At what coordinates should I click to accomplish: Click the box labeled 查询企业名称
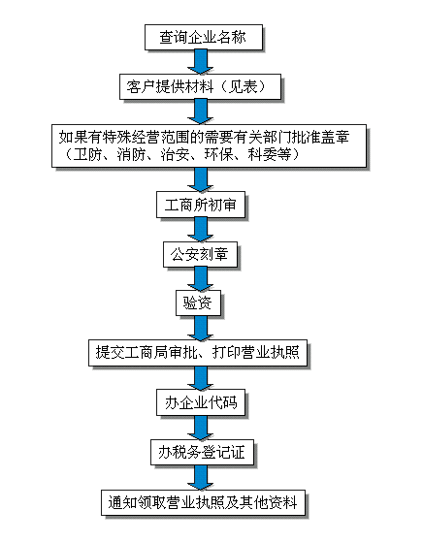click(x=204, y=37)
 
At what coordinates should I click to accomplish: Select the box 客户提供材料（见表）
click(x=200, y=86)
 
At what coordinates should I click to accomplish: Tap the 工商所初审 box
click(x=201, y=205)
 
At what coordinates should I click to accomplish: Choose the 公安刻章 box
click(x=200, y=254)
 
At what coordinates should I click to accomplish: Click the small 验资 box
click(x=198, y=303)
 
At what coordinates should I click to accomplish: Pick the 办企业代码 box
click(x=201, y=402)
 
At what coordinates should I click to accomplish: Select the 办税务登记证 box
click(x=202, y=452)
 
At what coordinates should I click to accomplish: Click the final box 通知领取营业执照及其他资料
click(x=203, y=502)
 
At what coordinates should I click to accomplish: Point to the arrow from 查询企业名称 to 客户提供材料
click(x=200, y=61)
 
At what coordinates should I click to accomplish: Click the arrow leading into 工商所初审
click(x=200, y=179)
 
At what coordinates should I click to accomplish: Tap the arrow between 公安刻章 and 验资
click(x=200, y=279)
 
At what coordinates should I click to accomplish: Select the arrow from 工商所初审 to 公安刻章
click(x=200, y=230)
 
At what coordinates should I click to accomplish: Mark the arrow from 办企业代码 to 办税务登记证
click(x=200, y=428)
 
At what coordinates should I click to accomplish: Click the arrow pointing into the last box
click(x=200, y=477)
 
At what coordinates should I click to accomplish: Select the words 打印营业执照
click(x=255, y=353)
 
